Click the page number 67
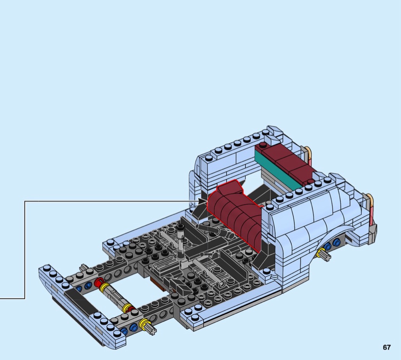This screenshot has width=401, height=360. pos(386,347)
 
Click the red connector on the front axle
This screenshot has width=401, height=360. pos(98,282)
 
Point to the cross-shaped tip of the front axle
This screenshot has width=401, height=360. pos(152,331)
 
